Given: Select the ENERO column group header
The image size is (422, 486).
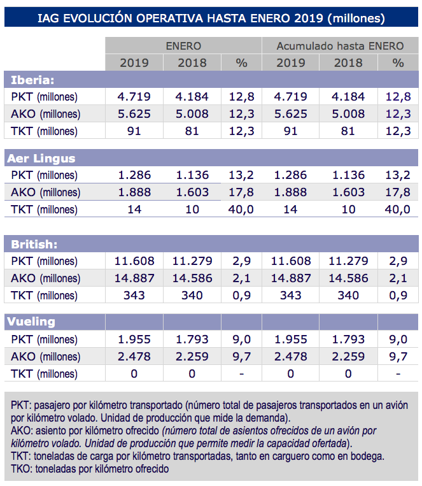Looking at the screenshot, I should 183,46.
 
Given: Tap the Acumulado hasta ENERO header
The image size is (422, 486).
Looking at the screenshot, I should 340,46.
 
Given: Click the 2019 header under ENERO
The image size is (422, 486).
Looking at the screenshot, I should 134,62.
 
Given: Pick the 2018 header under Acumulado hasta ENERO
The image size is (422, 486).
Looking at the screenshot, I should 348,62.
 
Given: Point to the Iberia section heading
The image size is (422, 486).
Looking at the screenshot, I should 32,80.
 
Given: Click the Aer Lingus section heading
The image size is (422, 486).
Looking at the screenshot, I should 43,159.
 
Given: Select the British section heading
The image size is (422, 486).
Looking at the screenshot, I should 35,244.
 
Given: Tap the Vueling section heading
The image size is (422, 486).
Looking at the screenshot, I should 33,322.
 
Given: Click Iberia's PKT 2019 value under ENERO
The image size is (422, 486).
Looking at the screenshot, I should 134,97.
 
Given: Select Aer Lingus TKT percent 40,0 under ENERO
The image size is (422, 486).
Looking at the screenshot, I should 241,210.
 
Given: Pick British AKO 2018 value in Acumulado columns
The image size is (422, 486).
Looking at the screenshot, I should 348,278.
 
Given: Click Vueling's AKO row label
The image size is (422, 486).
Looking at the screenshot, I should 45,357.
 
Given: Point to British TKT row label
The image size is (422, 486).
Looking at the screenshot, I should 44,296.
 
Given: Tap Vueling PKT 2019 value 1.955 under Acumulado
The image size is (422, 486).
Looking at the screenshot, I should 291,339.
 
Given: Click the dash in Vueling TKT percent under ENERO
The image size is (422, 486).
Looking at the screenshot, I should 241,374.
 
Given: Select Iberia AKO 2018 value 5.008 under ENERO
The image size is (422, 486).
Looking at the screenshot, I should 192,114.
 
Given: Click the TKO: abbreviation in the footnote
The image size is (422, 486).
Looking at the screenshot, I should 23,469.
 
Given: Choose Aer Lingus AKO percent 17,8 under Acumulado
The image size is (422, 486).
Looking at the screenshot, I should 398,192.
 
